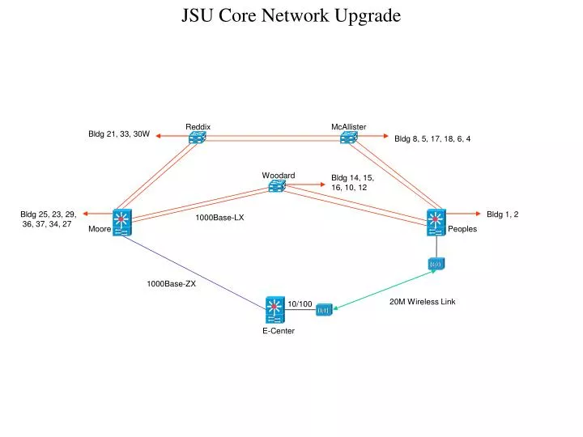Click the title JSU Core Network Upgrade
[291, 16]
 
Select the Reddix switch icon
[198, 138]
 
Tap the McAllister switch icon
[349, 138]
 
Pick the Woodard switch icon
[278, 187]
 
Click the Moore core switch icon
[122, 223]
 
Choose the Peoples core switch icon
[436, 222]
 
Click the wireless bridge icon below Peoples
[436, 264]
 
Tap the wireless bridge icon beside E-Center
[324, 309]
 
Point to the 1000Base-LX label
[219, 218]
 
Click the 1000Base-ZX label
[171, 284]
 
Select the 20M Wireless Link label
[422, 302]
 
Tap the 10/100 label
[300, 304]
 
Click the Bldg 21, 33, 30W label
[119, 134]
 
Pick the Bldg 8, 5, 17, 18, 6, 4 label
[432, 138]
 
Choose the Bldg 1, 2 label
[502, 214]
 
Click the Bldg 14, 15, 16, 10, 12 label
[352, 182]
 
